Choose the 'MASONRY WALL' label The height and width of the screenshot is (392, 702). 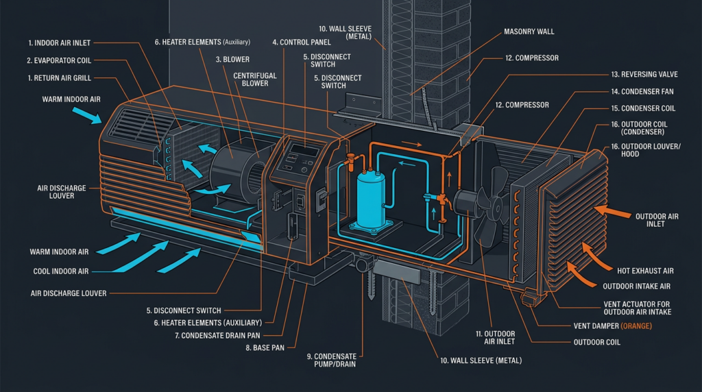529,32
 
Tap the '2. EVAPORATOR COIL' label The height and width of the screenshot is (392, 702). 58,60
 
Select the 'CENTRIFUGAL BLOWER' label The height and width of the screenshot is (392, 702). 256,79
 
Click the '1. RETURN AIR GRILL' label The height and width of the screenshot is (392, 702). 59,78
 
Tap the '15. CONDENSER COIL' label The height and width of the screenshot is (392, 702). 643,108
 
